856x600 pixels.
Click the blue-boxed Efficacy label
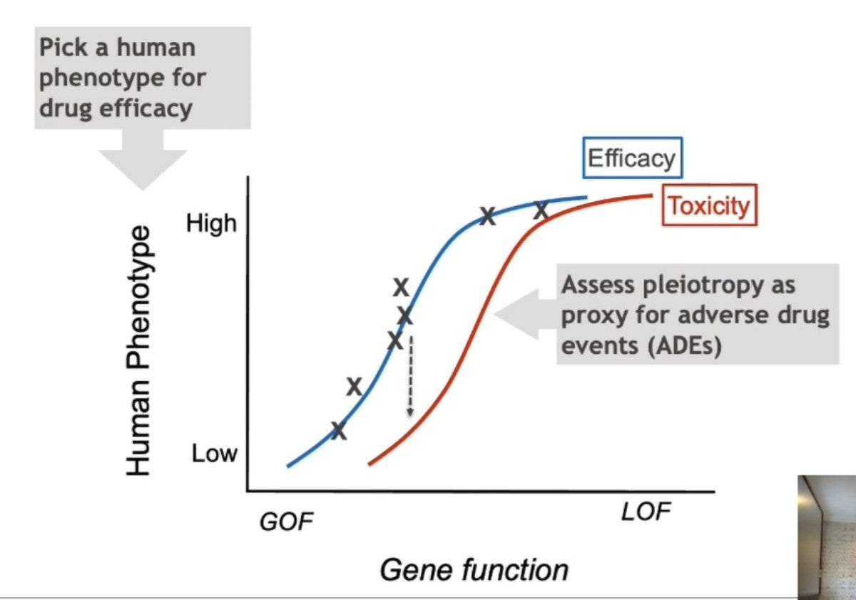click(631, 158)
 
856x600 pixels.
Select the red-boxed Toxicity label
click(708, 205)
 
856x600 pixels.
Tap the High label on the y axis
click(211, 223)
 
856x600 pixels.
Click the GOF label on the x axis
click(286, 522)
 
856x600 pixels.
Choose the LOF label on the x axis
click(646, 512)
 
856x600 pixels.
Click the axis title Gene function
click(474, 570)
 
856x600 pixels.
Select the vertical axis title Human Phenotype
click(140, 350)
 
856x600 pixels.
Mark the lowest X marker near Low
click(339, 430)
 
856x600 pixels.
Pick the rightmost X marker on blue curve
click(541, 210)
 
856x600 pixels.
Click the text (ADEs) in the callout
click(681, 346)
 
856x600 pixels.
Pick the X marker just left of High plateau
click(487, 215)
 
